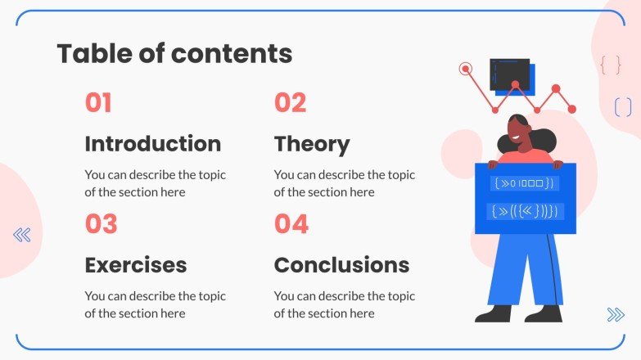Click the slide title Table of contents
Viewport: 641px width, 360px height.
click(174, 53)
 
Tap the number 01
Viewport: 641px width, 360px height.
click(98, 102)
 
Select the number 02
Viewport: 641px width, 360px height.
click(291, 102)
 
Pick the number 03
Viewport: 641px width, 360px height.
click(101, 224)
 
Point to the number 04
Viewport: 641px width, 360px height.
click(291, 224)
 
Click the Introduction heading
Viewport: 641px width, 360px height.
click(153, 144)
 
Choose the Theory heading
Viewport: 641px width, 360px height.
click(312, 145)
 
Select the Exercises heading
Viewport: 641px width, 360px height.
click(136, 265)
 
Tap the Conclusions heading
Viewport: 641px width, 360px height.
click(341, 265)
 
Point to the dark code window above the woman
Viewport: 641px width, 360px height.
click(509, 74)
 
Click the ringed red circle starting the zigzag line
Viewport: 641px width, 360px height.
click(465, 69)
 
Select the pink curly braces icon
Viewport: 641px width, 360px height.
click(611, 65)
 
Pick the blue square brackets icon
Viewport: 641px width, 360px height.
click(623, 107)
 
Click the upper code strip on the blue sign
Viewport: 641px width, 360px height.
click(525, 183)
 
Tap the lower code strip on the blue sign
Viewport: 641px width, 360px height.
click(526, 211)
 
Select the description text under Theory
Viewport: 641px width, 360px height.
click(344, 183)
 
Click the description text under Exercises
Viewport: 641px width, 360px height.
click(155, 305)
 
